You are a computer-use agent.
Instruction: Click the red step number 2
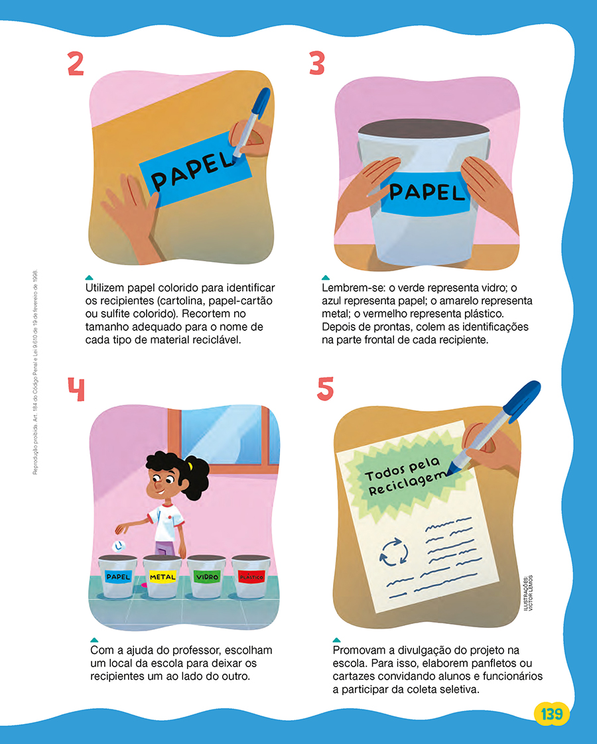click(76, 64)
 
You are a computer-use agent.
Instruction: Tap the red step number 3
click(316, 64)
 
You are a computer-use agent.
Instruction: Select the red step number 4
click(76, 389)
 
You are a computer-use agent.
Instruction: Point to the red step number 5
click(326, 389)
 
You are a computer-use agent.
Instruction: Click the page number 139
click(551, 713)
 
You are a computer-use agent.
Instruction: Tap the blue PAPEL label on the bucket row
click(118, 577)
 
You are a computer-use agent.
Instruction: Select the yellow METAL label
click(163, 577)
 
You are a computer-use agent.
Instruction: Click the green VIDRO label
click(207, 577)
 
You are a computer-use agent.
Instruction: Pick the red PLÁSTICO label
click(251, 577)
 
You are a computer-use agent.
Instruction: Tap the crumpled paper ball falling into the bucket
click(118, 546)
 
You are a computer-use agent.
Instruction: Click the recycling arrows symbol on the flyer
click(394, 552)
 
